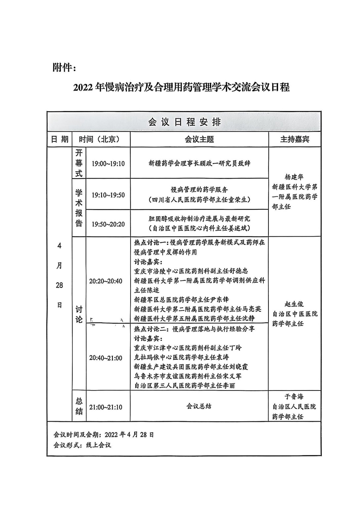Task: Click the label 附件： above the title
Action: point(64,68)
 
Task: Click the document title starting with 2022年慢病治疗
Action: point(181,88)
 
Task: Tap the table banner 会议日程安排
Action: point(184,122)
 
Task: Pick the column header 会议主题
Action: point(199,140)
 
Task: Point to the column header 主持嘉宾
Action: point(295,140)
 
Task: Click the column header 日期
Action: point(60,139)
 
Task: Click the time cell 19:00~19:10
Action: point(108,164)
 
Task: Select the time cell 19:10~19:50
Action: point(108,195)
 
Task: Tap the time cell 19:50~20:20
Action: point(108,224)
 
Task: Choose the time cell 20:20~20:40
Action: point(105,281)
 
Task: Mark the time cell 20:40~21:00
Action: point(105,358)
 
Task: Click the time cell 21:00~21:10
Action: point(105,407)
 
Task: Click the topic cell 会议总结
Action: point(199,406)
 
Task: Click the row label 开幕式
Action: point(79,163)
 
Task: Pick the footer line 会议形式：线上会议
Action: point(82,445)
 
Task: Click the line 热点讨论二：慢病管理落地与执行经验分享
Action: point(194,329)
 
